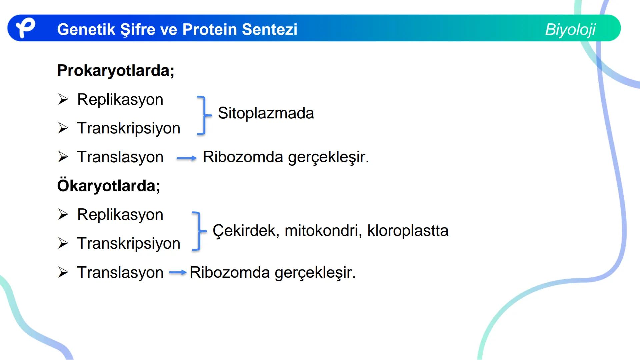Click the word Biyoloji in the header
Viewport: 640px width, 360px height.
click(x=570, y=29)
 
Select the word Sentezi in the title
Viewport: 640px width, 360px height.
click(x=269, y=29)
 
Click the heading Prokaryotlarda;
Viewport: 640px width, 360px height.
click(x=116, y=70)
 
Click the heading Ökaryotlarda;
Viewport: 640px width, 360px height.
click(x=109, y=186)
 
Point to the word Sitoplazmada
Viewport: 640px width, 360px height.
click(x=266, y=113)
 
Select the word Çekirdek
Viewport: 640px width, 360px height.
click(x=245, y=230)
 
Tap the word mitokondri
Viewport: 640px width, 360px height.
click(x=323, y=230)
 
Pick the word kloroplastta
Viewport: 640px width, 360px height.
click(x=408, y=230)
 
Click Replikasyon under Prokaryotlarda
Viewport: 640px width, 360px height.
click(x=120, y=99)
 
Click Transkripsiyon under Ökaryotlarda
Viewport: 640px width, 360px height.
click(x=129, y=243)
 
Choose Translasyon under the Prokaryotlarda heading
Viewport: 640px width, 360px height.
click(x=120, y=157)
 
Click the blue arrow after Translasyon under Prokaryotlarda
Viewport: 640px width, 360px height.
click(x=186, y=158)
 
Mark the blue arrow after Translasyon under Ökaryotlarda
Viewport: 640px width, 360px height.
click(x=177, y=273)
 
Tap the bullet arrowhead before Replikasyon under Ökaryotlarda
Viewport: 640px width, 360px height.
click(x=63, y=214)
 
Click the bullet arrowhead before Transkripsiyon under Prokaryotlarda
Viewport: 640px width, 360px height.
click(x=63, y=128)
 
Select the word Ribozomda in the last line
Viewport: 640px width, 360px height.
click(x=229, y=272)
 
